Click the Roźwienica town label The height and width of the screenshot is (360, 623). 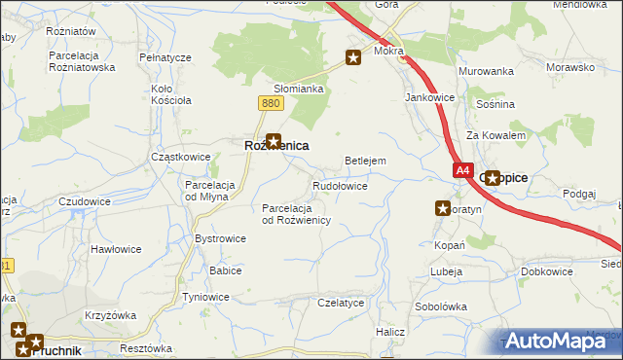(275, 146)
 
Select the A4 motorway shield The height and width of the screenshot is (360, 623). (462, 170)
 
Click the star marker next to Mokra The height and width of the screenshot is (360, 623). (353, 58)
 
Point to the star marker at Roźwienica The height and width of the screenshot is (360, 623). (275, 141)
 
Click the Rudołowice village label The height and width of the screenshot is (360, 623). (339, 185)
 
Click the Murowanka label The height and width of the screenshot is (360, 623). (486, 72)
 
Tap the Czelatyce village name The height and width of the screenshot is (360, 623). (341, 303)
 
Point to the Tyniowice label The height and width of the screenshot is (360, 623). (205, 297)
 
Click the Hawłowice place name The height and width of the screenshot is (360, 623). (116, 249)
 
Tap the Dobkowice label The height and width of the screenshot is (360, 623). (546, 271)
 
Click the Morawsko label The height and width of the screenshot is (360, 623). (570, 68)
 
